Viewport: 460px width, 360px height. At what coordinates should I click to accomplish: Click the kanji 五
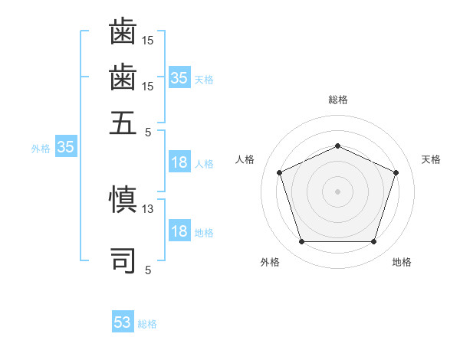(123, 123)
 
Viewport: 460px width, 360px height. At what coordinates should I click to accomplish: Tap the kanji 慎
(123, 199)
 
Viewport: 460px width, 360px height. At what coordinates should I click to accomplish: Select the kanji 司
(123, 260)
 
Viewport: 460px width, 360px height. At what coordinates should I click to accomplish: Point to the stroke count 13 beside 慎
(147, 209)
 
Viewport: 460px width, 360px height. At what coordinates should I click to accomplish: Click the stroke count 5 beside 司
(148, 270)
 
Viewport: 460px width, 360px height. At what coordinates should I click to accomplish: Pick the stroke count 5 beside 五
(148, 133)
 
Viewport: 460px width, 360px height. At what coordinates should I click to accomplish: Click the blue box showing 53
(123, 321)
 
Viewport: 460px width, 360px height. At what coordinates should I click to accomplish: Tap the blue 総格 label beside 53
(147, 324)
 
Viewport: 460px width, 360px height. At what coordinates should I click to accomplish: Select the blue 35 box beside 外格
(66, 146)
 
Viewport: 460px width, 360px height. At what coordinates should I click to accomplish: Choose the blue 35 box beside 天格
(180, 77)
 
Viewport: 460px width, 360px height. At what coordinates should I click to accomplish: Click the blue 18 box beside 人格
(180, 162)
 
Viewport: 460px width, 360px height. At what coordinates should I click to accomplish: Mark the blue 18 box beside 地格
(180, 230)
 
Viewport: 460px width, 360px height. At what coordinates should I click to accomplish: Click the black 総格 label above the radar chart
(338, 100)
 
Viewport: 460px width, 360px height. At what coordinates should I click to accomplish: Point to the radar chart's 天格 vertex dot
(396, 172)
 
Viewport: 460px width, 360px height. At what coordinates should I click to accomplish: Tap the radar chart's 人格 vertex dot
(279, 172)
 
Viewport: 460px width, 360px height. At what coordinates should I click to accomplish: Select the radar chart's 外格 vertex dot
(302, 241)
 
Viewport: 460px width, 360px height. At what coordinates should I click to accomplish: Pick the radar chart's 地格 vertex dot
(373, 241)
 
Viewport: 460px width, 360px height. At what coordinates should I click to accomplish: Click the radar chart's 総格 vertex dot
(337, 146)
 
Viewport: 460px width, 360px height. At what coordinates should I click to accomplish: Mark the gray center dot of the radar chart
(337, 191)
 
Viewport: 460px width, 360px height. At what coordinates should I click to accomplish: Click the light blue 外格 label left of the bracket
(41, 149)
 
